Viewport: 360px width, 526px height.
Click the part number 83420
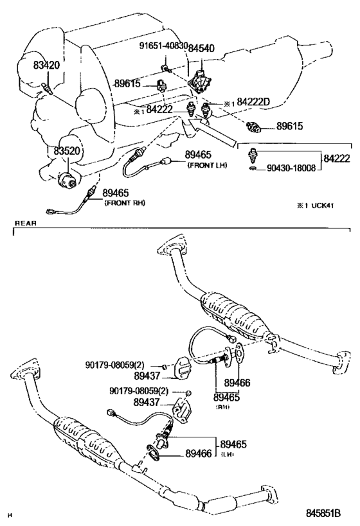tap(46, 65)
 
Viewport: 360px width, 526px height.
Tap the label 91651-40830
tap(163, 46)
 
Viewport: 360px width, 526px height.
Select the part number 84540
tap(201, 48)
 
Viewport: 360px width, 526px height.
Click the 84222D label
tap(253, 102)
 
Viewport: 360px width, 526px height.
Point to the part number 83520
tap(67, 151)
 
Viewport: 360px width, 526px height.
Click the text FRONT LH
tap(207, 165)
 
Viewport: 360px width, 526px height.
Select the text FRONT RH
tap(125, 203)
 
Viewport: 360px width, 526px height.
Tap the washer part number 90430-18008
tap(291, 168)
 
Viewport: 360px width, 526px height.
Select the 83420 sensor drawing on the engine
tap(48, 88)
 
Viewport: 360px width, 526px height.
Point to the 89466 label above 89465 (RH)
tap(237, 382)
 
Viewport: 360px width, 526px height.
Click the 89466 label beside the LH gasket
tap(199, 453)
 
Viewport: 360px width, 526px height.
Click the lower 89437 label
tap(147, 402)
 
